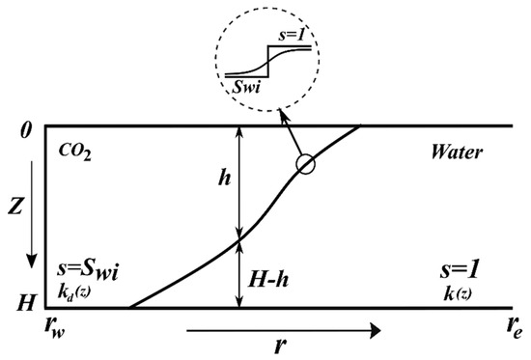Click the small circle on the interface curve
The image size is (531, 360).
306,164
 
